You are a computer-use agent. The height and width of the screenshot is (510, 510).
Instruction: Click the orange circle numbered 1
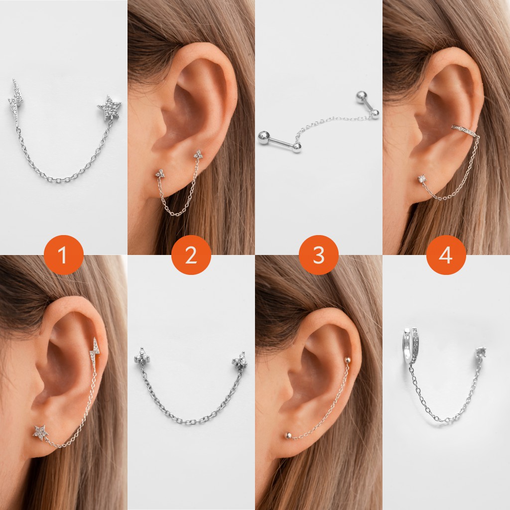63,255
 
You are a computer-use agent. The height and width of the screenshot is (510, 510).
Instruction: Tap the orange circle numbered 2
191,255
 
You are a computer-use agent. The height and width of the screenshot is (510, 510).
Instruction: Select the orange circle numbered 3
319,255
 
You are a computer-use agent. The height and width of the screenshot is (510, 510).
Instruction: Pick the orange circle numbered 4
446,255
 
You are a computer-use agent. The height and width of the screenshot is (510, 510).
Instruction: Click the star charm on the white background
109,108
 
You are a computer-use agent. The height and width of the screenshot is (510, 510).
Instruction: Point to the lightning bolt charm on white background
15,98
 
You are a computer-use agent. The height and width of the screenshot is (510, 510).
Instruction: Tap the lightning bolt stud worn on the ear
94,352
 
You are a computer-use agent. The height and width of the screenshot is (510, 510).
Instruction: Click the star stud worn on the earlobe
40,432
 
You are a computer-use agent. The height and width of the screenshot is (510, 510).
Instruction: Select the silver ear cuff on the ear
464,130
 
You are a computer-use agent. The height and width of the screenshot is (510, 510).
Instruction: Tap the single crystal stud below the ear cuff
422,178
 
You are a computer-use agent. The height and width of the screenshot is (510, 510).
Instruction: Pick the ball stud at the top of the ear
347,360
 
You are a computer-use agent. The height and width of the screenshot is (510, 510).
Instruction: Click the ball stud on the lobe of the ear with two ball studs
288,435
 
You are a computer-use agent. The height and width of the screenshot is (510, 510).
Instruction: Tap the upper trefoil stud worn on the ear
199,154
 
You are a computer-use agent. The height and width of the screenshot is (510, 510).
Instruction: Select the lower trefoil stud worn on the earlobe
160,173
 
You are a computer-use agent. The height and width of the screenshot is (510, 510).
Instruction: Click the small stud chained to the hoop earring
481,352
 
